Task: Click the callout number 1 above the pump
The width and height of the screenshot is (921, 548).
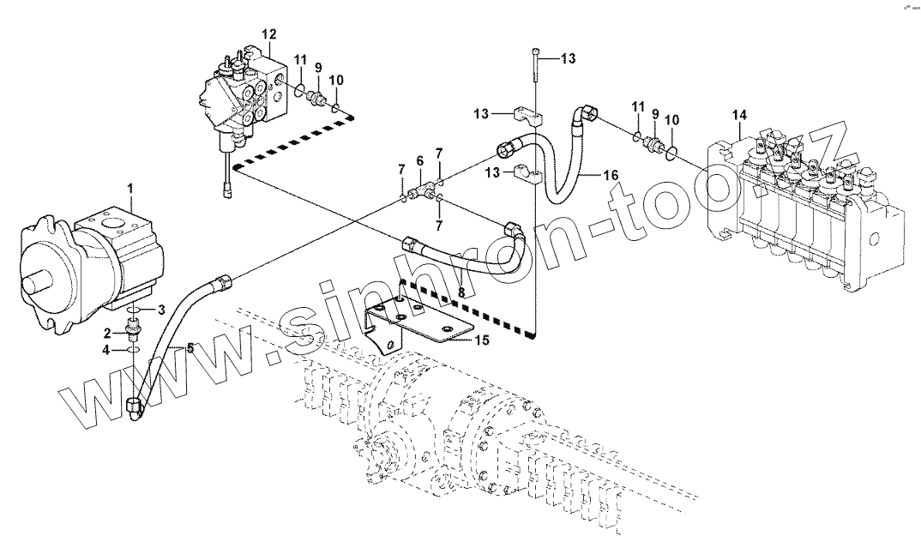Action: (129, 188)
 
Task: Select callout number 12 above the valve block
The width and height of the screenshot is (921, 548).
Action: (268, 34)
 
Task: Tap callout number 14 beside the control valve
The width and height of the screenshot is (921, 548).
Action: (739, 115)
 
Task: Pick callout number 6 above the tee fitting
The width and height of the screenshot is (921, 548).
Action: (419, 160)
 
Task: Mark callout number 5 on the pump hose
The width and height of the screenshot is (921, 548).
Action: (191, 348)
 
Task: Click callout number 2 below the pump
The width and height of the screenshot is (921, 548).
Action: (108, 332)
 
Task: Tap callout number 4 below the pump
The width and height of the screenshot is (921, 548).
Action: (106, 350)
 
